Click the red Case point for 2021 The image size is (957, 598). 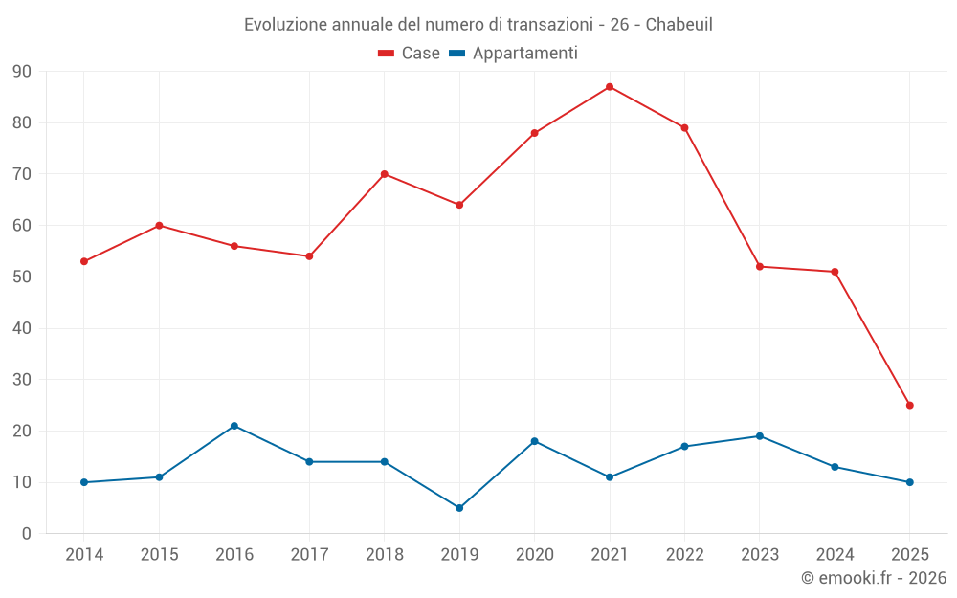point(610,87)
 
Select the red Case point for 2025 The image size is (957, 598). point(910,406)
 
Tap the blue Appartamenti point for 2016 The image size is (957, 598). point(234,426)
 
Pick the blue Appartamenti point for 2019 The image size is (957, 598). point(459,508)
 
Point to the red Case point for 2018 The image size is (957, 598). point(385,174)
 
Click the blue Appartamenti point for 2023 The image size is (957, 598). point(760,436)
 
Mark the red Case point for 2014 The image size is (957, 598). point(84,261)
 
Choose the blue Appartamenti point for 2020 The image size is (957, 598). point(535,441)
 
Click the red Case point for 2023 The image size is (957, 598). point(760,267)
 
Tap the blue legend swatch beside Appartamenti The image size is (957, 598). point(457,54)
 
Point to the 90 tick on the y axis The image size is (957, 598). point(22,72)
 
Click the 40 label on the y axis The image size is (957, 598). point(22,328)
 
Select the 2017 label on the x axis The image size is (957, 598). point(309,555)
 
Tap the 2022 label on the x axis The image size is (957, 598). point(684,555)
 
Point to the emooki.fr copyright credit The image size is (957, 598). point(873,578)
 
